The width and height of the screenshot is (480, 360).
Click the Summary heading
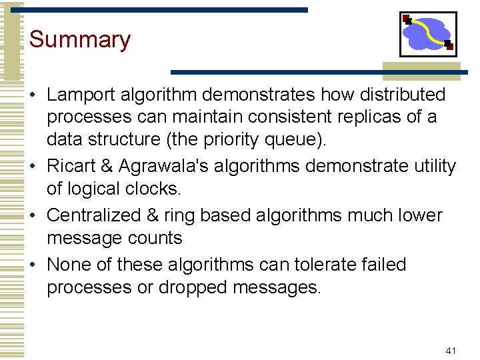pos(80,39)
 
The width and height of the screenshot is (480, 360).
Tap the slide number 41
pos(451,350)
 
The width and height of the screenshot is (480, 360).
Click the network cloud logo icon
pos(427,34)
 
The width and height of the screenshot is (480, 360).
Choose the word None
pos(68,265)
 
